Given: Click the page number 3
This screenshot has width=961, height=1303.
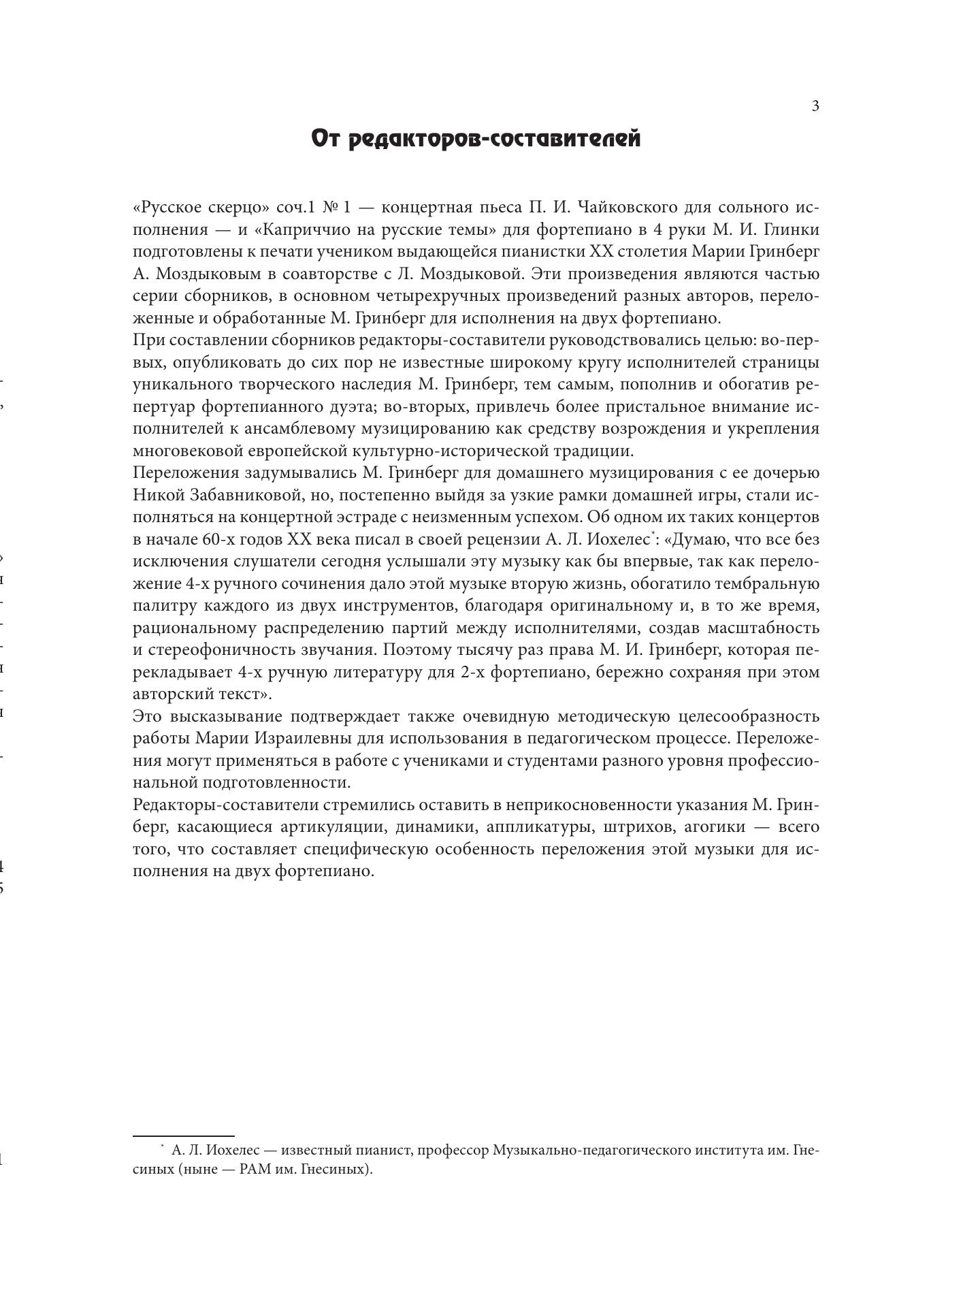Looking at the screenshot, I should tap(815, 106).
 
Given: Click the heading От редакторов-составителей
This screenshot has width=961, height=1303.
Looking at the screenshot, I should tap(476, 139).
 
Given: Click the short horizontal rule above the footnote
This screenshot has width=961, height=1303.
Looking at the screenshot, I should tap(183, 1136).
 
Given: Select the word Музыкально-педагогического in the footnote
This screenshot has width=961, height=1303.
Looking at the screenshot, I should tap(591, 1151).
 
